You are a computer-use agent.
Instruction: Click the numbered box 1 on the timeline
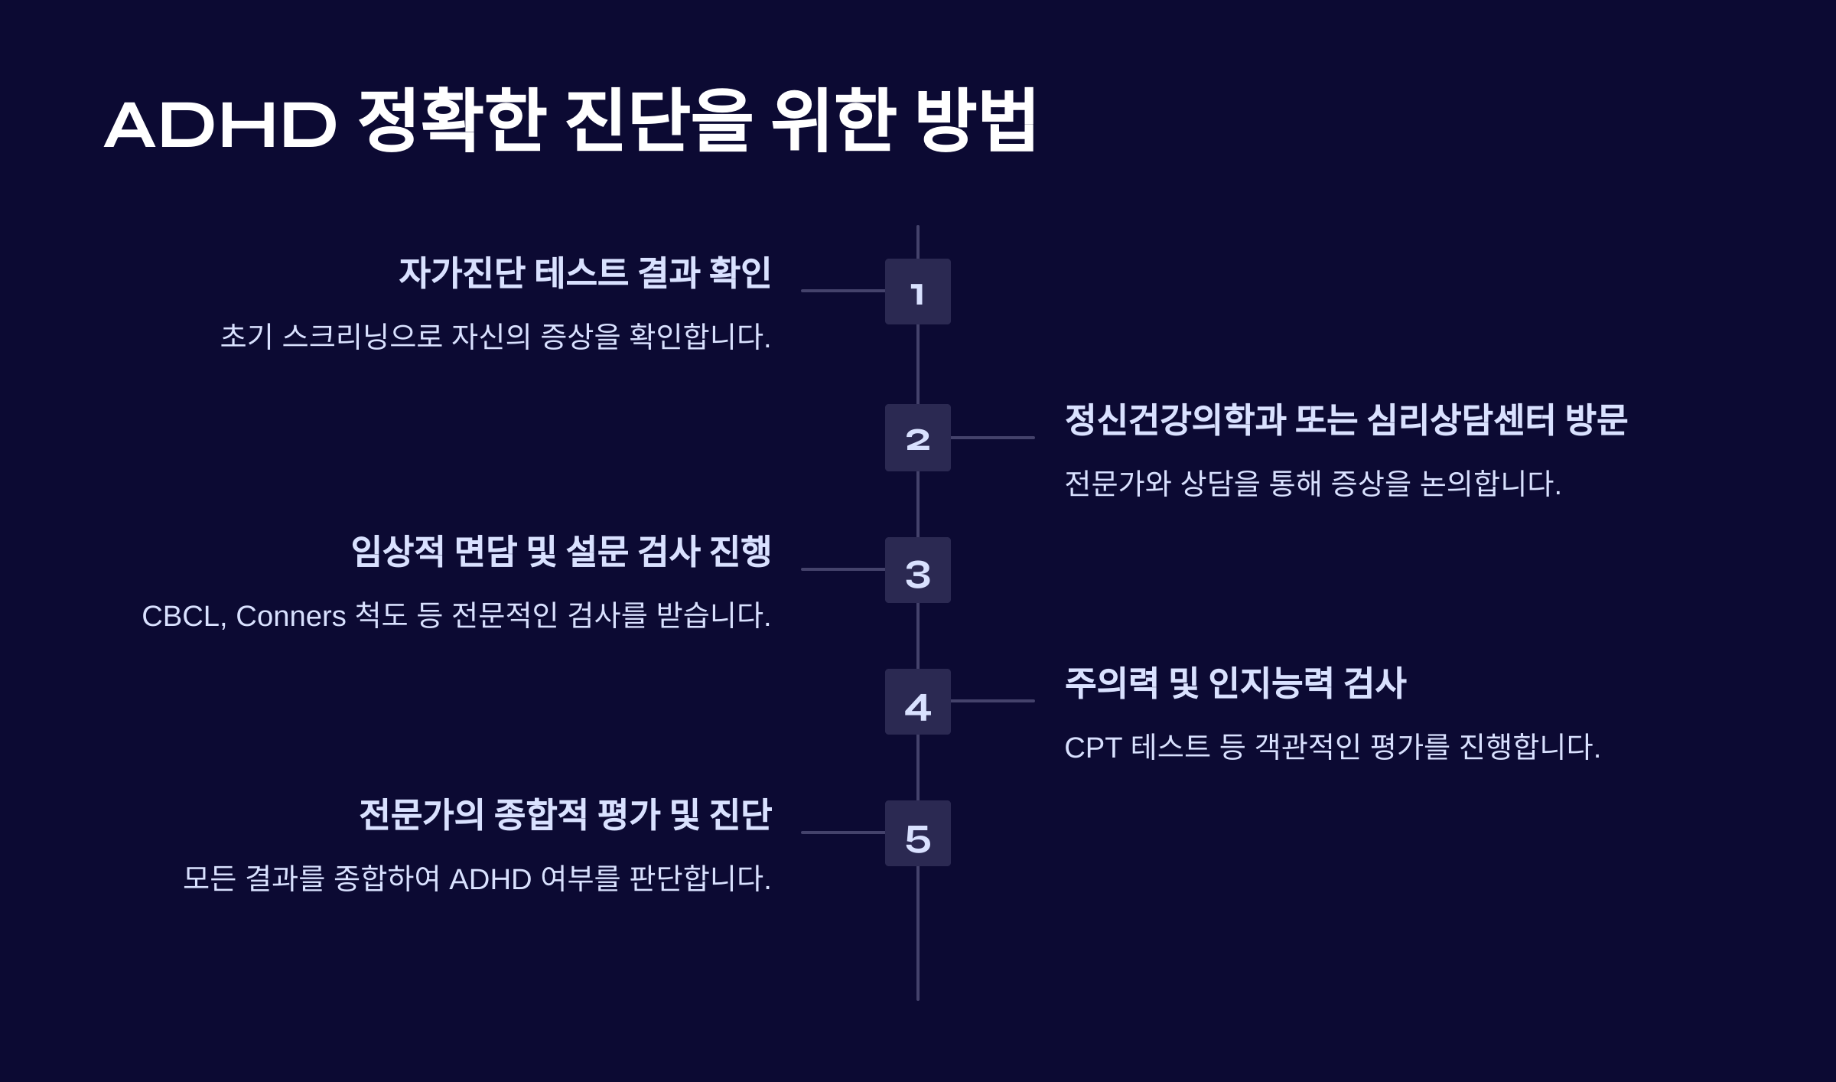point(917,292)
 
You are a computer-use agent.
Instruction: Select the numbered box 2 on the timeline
point(917,438)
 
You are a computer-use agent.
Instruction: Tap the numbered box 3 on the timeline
point(917,570)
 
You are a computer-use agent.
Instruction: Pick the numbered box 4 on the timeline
point(917,702)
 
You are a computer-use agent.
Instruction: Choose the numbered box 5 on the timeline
point(917,833)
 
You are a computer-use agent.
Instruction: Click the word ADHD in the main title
point(220,125)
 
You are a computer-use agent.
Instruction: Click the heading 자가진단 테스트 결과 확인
point(584,273)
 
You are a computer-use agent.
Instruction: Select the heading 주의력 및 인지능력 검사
point(1235,683)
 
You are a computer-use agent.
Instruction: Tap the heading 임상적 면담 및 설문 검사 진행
point(561,552)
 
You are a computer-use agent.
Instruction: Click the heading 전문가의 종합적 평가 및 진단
point(565,814)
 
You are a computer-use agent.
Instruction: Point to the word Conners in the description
point(291,617)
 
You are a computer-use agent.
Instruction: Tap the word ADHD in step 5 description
point(490,879)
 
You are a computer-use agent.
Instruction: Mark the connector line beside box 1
point(843,291)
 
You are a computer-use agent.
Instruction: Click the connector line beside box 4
point(992,701)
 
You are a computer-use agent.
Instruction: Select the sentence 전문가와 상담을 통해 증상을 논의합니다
point(1312,484)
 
